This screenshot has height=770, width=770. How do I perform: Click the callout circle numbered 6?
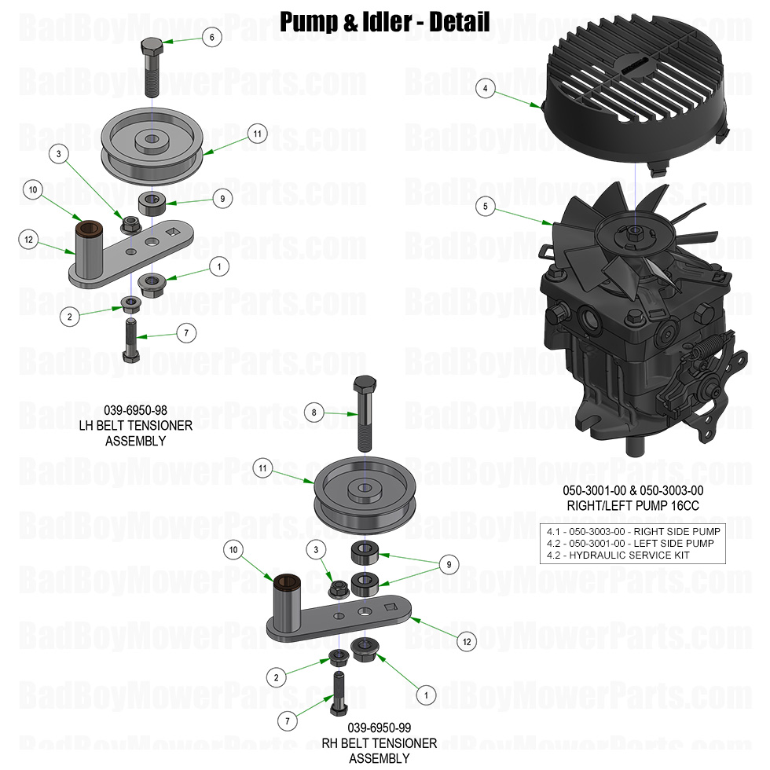(211, 36)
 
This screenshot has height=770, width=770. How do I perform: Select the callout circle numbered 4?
(486, 89)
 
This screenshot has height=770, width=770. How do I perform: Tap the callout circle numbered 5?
(486, 207)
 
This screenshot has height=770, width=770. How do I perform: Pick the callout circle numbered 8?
(313, 412)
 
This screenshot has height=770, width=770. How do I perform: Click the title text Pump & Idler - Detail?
(385, 21)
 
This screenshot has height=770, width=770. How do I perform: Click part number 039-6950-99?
(379, 727)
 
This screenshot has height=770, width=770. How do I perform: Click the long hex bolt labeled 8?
(365, 412)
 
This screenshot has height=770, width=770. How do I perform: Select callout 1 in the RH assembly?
(425, 695)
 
